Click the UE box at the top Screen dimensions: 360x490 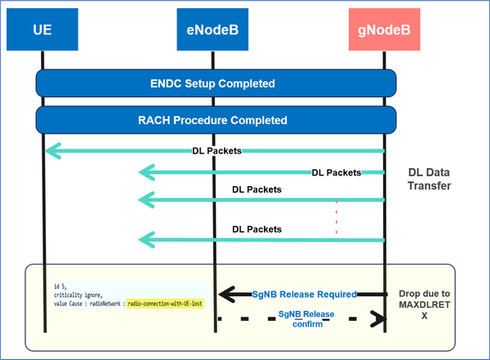click(x=44, y=32)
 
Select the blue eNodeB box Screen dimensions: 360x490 click(x=212, y=32)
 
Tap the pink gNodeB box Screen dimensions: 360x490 click(x=383, y=32)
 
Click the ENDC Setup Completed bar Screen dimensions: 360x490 click(x=216, y=83)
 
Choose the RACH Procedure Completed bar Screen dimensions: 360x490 click(x=216, y=120)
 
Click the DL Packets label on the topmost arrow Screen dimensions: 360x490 click(x=212, y=150)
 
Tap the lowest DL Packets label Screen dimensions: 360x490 click(x=256, y=229)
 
